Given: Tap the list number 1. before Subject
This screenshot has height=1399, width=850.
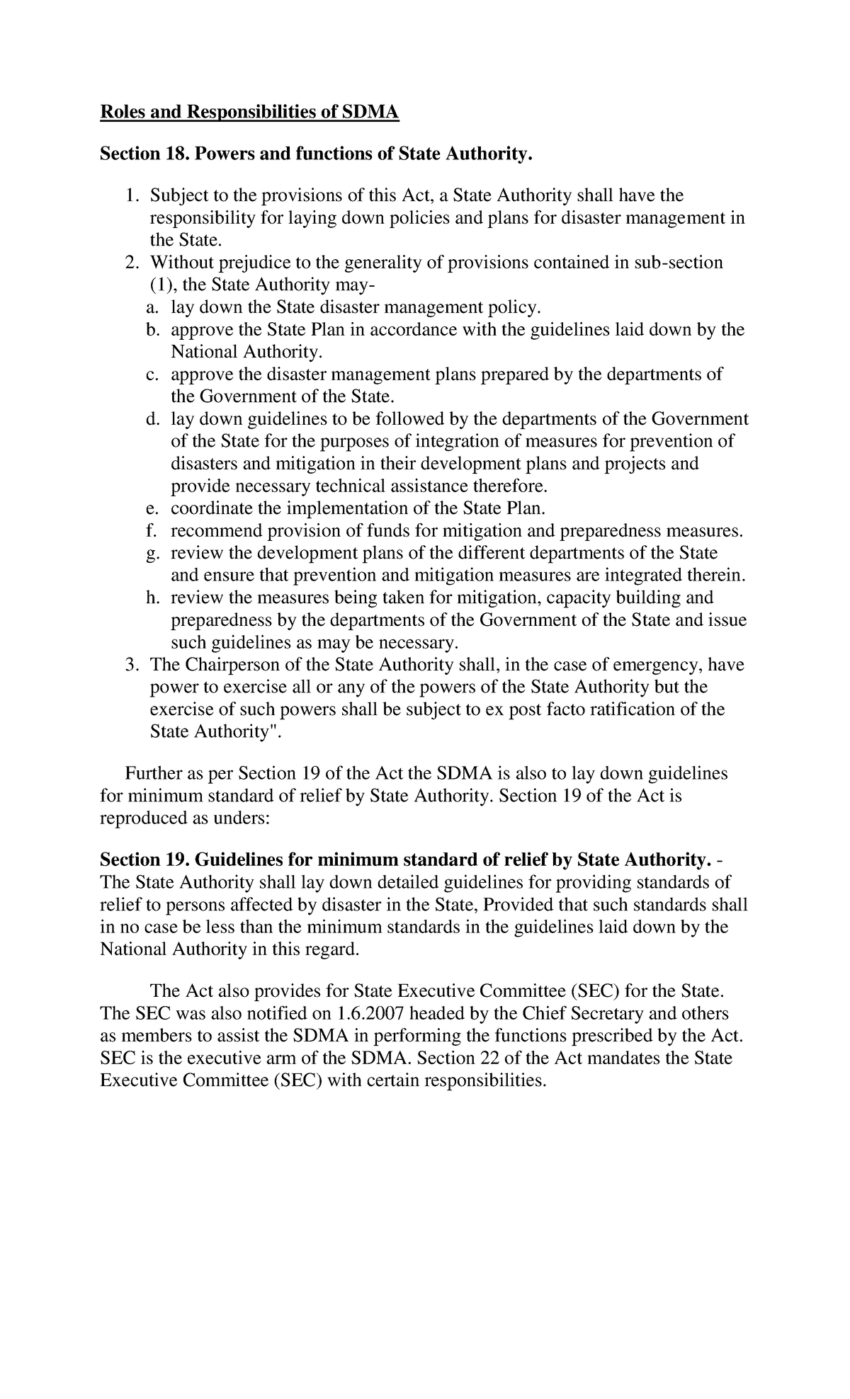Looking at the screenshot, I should pos(133,195).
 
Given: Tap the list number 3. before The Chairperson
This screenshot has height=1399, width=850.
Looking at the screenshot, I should pos(133,666).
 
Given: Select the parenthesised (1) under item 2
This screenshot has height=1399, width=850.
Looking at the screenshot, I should pos(161,285).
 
